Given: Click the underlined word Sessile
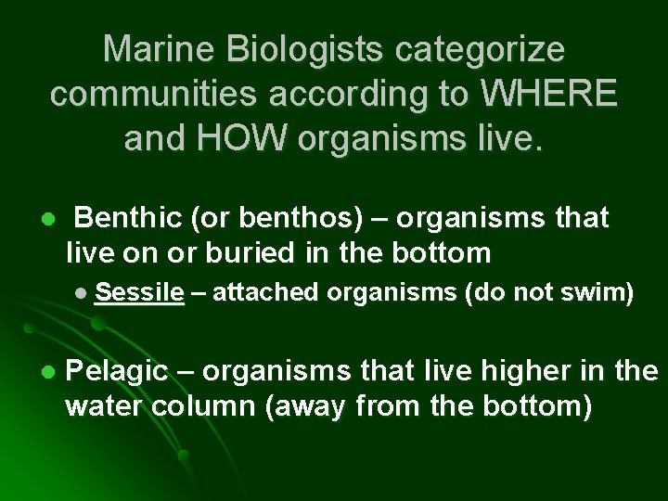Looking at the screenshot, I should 139,294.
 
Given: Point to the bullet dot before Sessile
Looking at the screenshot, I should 83,295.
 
